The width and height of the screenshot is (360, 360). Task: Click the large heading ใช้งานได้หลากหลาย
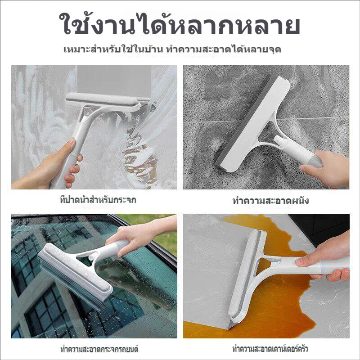[x=179, y=24]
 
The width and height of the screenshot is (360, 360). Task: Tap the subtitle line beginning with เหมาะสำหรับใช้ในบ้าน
[x=172, y=49]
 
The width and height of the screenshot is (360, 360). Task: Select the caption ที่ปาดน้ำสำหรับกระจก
[x=98, y=199]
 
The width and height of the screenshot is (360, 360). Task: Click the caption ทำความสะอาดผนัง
[x=270, y=201]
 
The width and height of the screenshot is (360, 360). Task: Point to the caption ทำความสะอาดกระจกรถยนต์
[x=99, y=349]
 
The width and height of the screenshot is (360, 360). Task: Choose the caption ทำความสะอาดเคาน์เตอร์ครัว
[x=270, y=349]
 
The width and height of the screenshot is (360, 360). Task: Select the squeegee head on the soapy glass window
[x=103, y=101]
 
